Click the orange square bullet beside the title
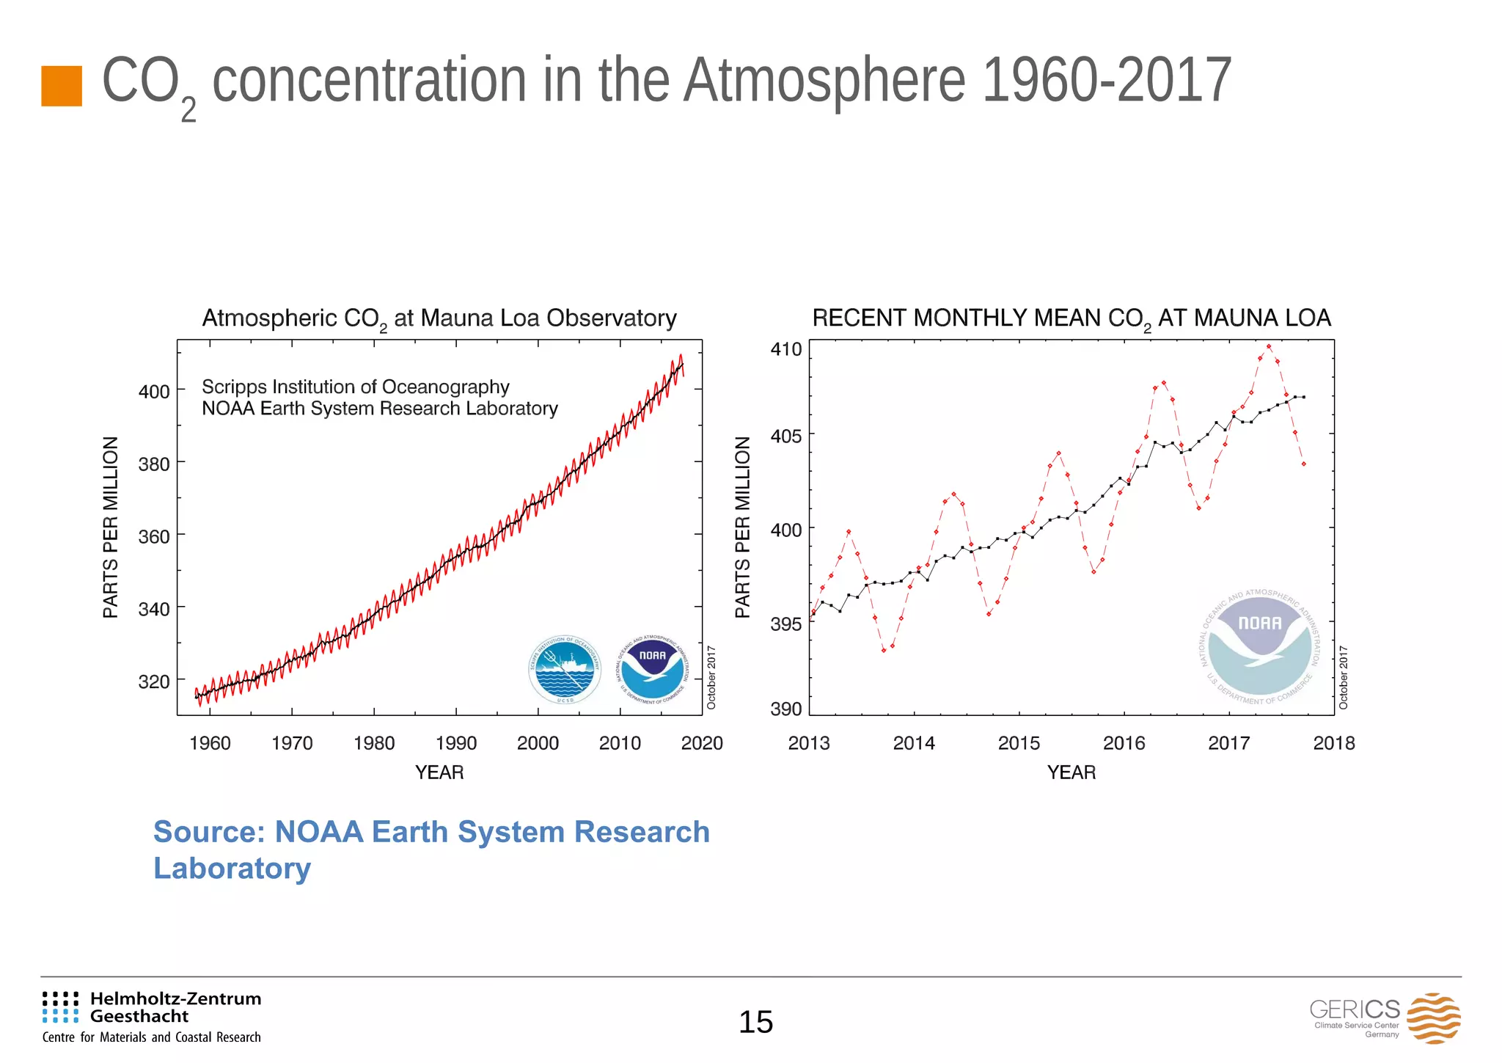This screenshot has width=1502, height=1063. click(x=62, y=86)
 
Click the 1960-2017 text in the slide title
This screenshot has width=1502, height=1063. click(x=1105, y=81)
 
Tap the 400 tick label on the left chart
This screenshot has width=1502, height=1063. click(x=154, y=392)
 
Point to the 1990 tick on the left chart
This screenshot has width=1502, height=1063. click(x=455, y=743)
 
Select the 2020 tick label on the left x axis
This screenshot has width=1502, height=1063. click(x=701, y=743)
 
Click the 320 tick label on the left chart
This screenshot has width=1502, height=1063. click(x=154, y=682)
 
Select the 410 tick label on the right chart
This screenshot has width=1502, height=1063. click(x=785, y=349)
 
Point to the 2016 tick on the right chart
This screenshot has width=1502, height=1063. click(x=1124, y=743)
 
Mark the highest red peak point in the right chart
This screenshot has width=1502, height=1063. click(x=1269, y=346)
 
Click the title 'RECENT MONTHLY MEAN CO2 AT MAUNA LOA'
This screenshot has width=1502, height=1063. click(x=1071, y=318)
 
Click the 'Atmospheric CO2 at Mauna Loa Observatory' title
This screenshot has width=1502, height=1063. click(x=439, y=318)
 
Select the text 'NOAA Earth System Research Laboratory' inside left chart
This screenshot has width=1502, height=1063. click(x=379, y=409)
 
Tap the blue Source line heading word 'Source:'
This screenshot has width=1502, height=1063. click(x=208, y=832)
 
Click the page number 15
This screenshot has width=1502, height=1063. click(x=755, y=1022)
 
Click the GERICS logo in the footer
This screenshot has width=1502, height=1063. click(x=1385, y=1018)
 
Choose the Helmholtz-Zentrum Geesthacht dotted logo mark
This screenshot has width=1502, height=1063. click(x=60, y=1007)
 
